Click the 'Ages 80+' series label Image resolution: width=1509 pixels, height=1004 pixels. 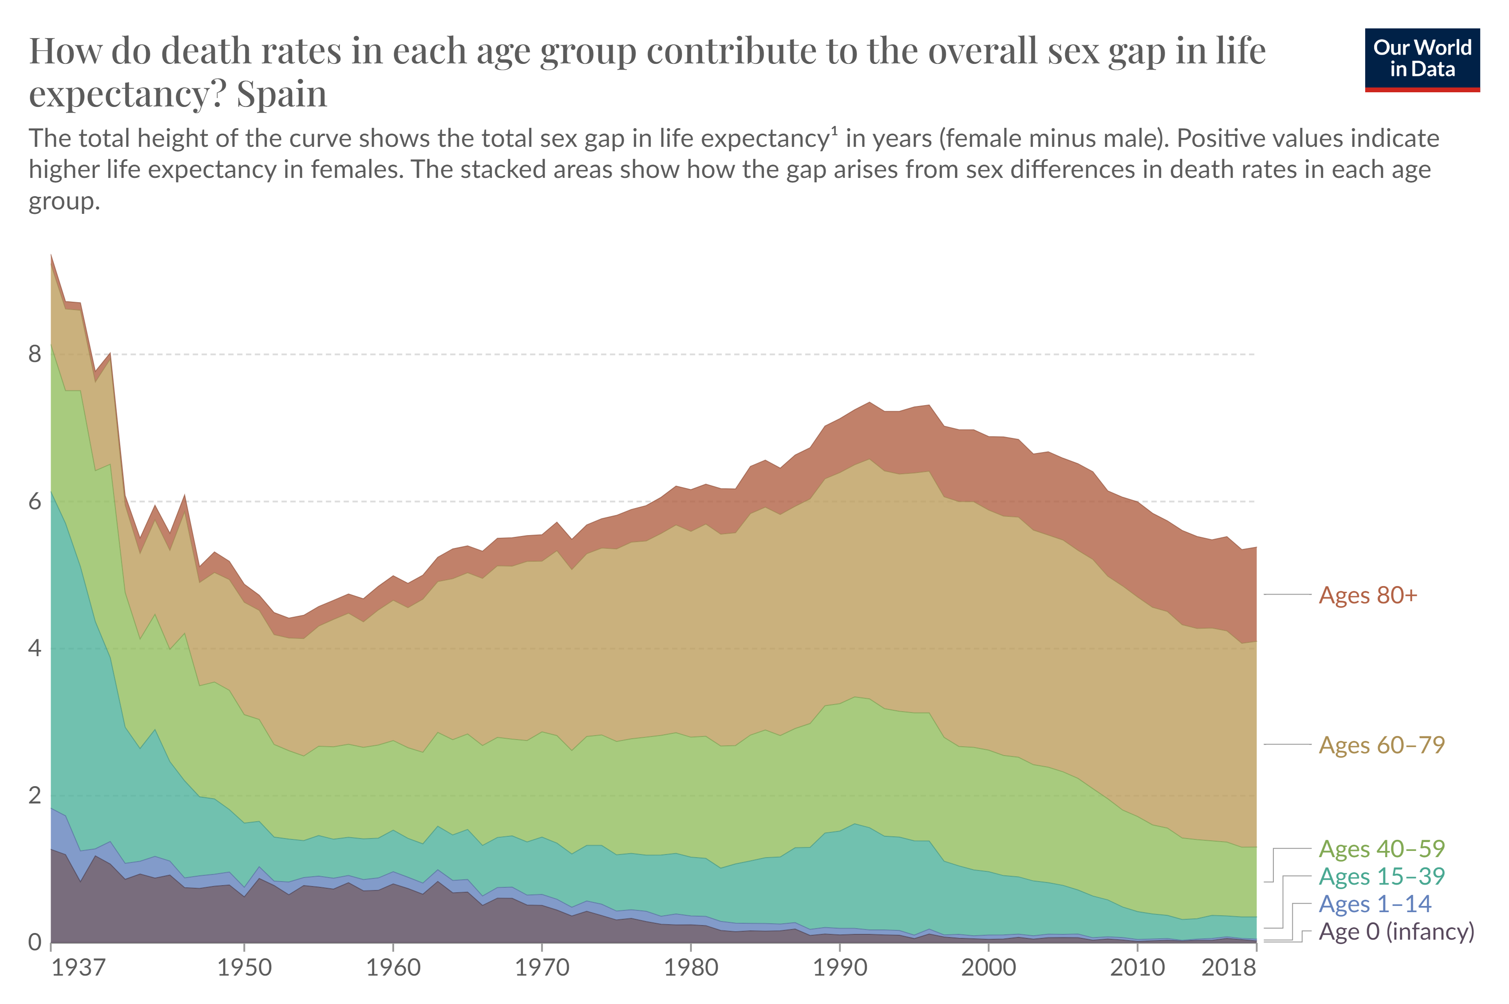[1367, 595]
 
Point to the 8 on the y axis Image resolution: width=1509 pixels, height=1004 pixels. [35, 354]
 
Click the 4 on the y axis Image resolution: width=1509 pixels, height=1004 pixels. [35, 648]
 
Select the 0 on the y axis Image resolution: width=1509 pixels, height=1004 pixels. [35, 942]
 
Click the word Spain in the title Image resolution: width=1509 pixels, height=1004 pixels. [282, 94]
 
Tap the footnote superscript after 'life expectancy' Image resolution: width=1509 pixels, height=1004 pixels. [834, 131]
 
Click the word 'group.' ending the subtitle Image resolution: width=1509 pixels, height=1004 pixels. [64, 202]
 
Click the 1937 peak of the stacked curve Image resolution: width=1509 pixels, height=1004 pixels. [51, 255]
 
